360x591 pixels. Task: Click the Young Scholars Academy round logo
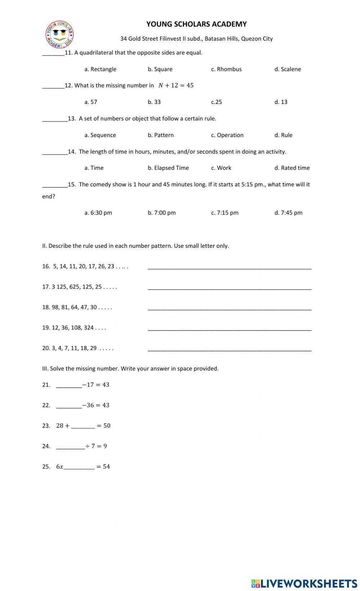point(59,35)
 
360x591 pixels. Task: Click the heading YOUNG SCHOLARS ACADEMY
point(196,24)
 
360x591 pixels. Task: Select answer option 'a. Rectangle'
point(100,69)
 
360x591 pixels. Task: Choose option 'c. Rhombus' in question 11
point(226,69)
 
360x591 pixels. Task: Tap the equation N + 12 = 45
point(176,85)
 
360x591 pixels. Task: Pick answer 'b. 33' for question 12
point(154,102)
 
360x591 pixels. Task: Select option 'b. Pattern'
point(161,135)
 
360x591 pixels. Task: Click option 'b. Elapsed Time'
point(168,168)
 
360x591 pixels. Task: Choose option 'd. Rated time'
point(292,168)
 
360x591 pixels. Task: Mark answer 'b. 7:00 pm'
point(162,213)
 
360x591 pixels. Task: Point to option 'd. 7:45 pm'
point(288,213)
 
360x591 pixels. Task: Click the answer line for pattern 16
point(229,267)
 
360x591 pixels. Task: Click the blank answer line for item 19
point(229,329)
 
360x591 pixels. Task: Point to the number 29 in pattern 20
point(93,348)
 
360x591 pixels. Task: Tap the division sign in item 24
point(87,446)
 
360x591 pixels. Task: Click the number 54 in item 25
point(106,467)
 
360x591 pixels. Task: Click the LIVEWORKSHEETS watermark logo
point(304,583)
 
